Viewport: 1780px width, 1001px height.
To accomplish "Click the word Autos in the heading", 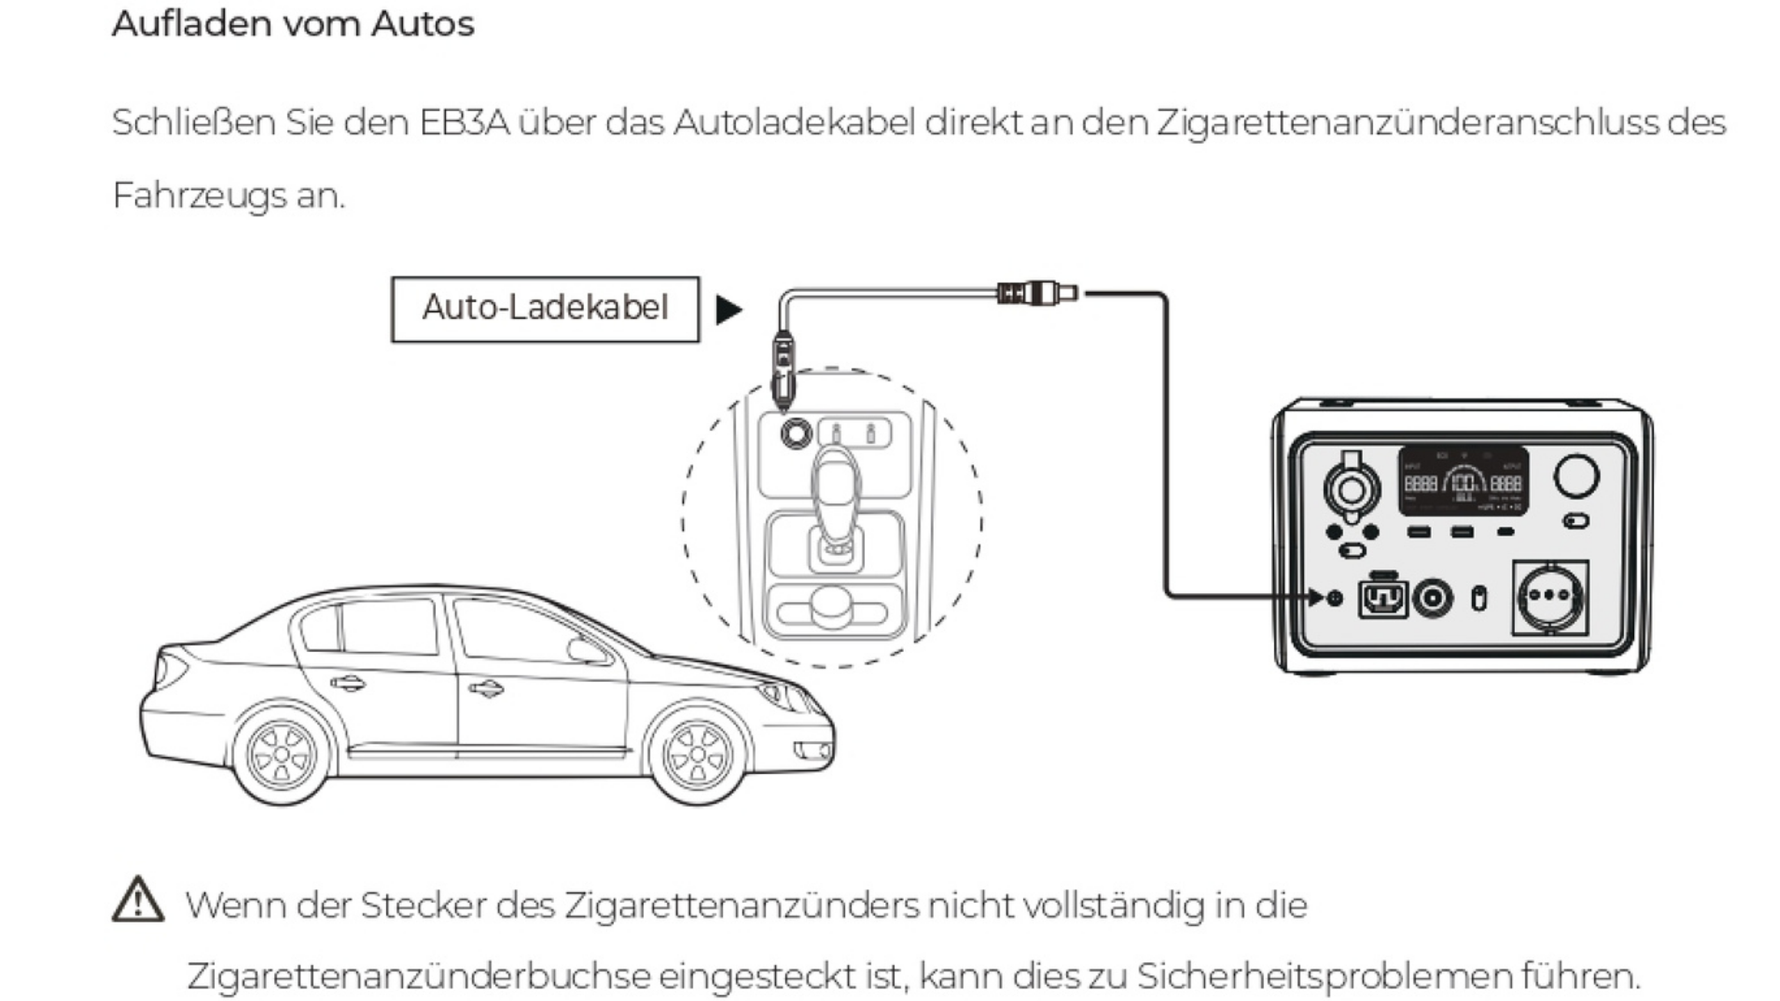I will tap(423, 24).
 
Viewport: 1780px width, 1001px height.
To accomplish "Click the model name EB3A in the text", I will tap(464, 123).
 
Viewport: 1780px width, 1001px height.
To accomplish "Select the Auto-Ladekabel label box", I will tap(545, 309).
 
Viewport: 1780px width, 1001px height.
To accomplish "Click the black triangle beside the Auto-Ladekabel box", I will tap(728, 309).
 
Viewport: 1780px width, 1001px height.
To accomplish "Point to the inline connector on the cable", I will tap(1037, 293).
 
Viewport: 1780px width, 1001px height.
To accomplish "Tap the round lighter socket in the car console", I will tap(796, 433).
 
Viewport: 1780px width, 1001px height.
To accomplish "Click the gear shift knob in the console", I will tap(836, 487).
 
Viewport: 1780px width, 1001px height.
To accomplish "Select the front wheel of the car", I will tap(698, 755).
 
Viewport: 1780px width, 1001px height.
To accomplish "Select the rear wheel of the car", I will tap(282, 754).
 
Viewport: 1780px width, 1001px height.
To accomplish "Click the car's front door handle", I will tap(486, 689).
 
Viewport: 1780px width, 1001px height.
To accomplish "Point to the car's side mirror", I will tap(586, 650).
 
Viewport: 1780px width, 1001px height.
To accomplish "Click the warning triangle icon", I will tap(138, 900).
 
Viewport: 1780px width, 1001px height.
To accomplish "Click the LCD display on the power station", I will tap(1463, 481).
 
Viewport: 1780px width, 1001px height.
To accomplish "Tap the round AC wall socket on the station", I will tap(1550, 597).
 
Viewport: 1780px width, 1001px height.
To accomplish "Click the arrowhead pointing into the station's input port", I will tap(1315, 596).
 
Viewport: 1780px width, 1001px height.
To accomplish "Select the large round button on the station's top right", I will tap(1576, 476).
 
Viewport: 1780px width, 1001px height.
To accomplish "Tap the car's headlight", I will tap(775, 694).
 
